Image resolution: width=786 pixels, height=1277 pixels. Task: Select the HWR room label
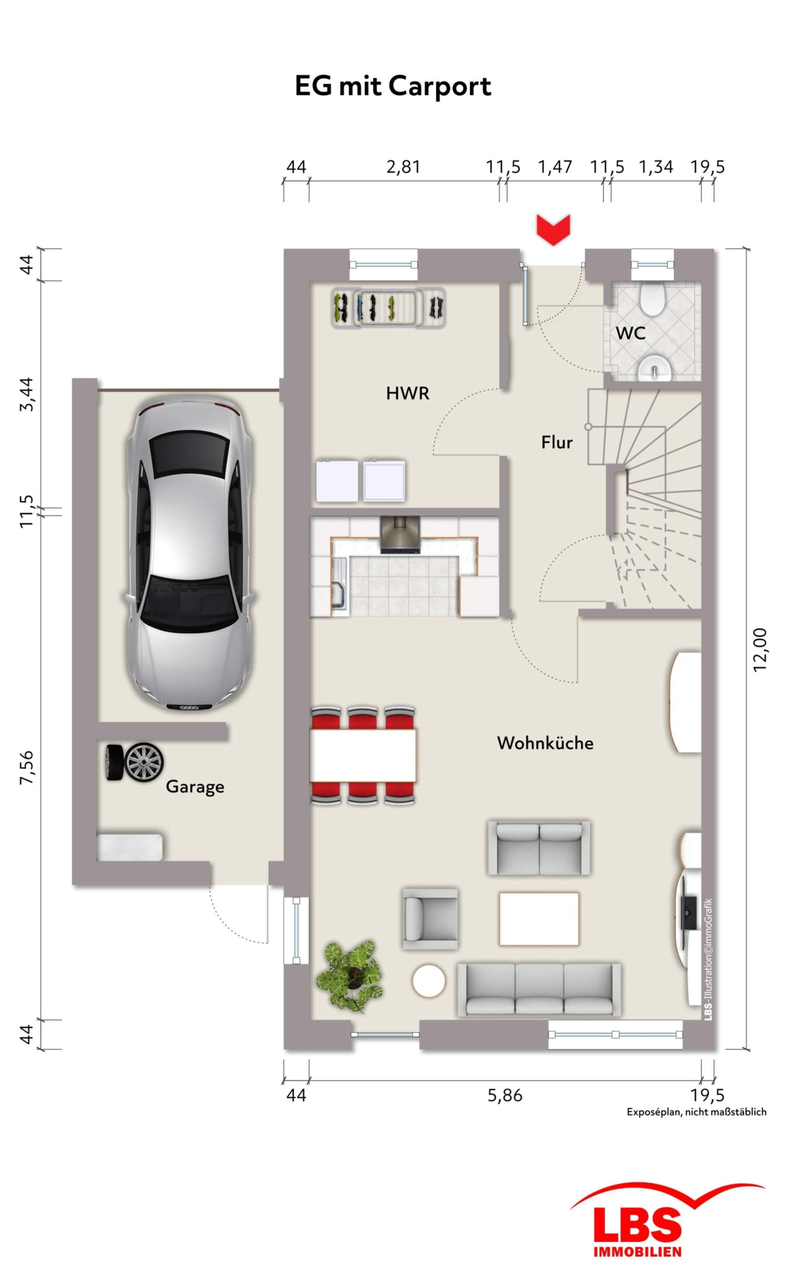tap(408, 394)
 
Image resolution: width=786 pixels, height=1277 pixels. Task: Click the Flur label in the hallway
tap(557, 442)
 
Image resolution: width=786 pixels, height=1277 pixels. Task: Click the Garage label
tap(195, 787)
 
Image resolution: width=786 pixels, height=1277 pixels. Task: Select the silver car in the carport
tap(190, 553)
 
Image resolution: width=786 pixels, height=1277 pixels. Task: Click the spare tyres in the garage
tap(135, 762)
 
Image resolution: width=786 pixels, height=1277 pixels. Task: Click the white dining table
tap(363, 756)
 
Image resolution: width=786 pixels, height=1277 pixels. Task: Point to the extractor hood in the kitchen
tap(400, 535)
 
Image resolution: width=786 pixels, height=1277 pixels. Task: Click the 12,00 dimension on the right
tap(760, 650)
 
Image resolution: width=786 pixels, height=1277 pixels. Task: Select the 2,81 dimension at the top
tap(403, 167)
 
